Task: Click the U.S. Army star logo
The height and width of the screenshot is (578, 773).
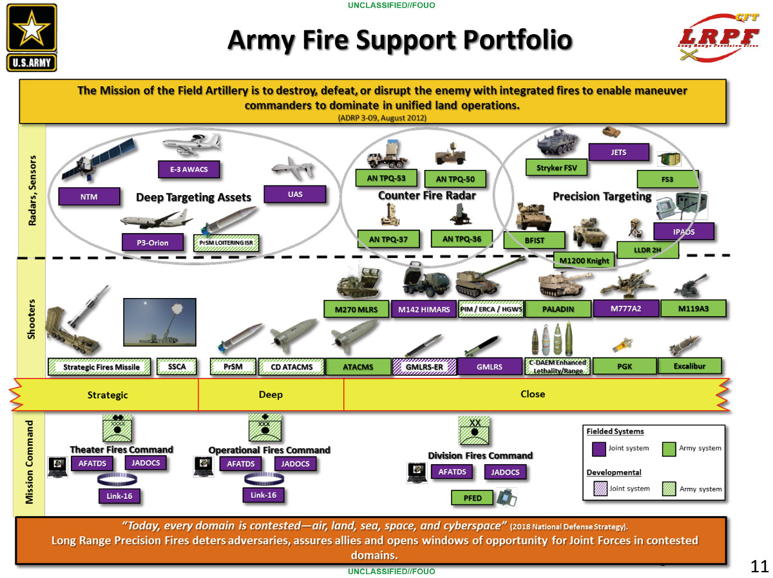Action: pyautogui.click(x=32, y=37)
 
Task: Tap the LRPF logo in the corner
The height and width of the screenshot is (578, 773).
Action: pyautogui.click(x=720, y=37)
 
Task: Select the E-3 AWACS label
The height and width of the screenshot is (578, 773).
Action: pyautogui.click(x=189, y=170)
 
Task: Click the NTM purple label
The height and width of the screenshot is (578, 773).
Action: pyautogui.click(x=90, y=197)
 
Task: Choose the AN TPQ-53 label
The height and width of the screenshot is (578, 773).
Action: pyautogui.click(x=386, y=178)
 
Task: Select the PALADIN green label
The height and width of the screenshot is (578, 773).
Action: pyautogui.click(x=558, y=309)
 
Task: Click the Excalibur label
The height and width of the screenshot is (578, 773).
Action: pyautogui.click(x=689, y=366)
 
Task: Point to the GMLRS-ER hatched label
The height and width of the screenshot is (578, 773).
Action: pyautogui.click(x=424, y=368)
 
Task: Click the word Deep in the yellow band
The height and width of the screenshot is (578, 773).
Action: pyautogui.click(x=271, y=395)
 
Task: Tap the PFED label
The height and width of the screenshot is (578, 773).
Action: pyautogui.click(x=473, y=498)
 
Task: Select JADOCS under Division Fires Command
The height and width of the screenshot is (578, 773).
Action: pyautogui.click(x=505, y=472)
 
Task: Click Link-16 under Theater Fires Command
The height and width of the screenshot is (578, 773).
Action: pyautogui.click(x=119, y=496)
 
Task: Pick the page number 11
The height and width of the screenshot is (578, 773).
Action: pyautogui.click(x=759, y=566)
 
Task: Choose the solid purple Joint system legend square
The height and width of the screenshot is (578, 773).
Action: pyautogui.click(x=599, y=448)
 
